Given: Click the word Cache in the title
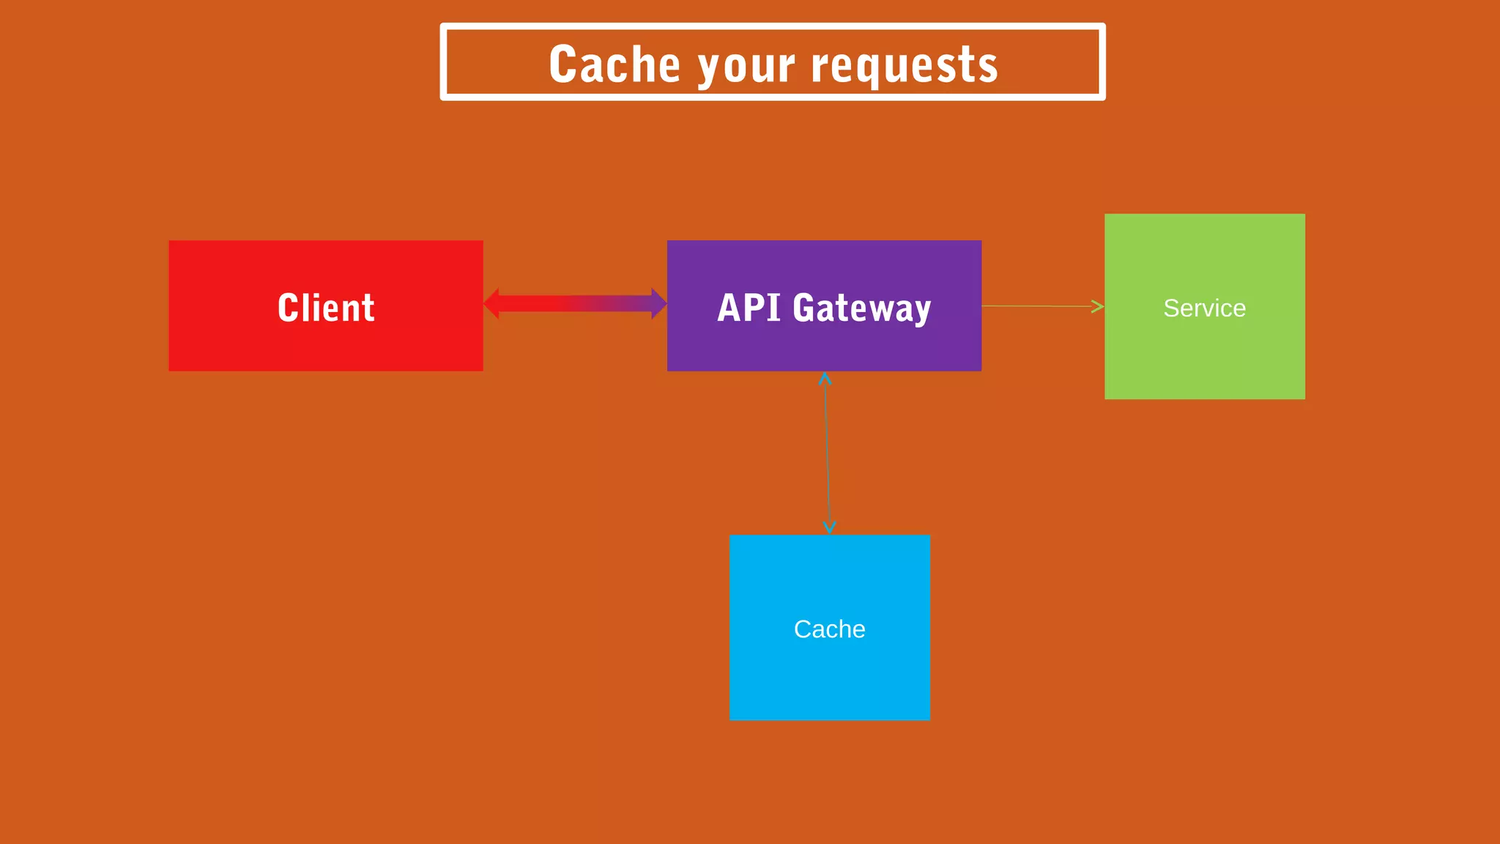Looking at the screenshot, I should coord(615,64).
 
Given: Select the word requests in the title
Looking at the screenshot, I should coord(905,66).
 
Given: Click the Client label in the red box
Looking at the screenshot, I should coord(326,307).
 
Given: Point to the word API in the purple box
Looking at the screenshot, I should coord(749,307).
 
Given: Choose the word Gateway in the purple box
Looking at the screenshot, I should coord(862,308).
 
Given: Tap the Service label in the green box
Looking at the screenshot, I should coord(1204,308).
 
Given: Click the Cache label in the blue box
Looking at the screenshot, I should coord(829,629).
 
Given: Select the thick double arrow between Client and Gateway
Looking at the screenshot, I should coord(575,303).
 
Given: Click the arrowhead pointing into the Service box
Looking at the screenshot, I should coord(1098,306).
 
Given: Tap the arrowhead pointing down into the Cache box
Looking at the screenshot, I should coord(829,527).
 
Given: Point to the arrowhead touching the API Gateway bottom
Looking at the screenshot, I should coord(825,379).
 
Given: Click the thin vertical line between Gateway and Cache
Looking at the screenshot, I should coord(827,454).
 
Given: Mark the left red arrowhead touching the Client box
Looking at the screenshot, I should coord(491,303).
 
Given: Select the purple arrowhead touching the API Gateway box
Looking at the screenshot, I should coord(659,303).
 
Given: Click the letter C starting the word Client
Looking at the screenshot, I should coord(289,307).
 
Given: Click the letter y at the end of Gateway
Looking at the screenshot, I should coord(922,311).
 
